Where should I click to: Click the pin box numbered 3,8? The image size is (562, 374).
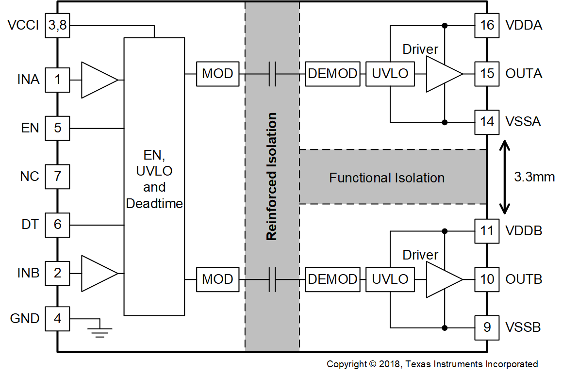(58, 26)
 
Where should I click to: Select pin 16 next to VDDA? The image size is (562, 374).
(487, 25)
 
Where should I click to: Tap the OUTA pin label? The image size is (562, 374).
(524, 74)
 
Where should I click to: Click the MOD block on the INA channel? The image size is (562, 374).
(217, 74)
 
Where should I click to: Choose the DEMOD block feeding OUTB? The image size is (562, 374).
(333, 279)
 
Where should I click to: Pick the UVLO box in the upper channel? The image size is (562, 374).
(390, 74)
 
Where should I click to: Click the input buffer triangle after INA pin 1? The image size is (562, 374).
(98, 80)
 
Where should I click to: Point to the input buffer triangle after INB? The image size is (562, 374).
(98, 274)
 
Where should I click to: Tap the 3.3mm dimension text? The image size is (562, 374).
(534, 177)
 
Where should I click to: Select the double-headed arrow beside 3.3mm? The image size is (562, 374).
(505, 177)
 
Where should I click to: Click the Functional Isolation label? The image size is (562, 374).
(387, 178)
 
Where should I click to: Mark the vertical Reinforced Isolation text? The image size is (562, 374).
(272, 177)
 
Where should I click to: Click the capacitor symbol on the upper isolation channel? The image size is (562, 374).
(272, 74)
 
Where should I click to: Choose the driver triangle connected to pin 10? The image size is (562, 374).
(443, 279)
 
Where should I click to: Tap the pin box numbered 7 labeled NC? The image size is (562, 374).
(58, 176)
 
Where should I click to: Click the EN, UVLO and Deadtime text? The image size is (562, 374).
(154, 179)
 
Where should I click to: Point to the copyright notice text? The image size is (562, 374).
(432, 364)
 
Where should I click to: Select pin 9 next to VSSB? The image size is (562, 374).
(487, 327)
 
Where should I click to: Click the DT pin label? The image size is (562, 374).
(30, 225)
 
